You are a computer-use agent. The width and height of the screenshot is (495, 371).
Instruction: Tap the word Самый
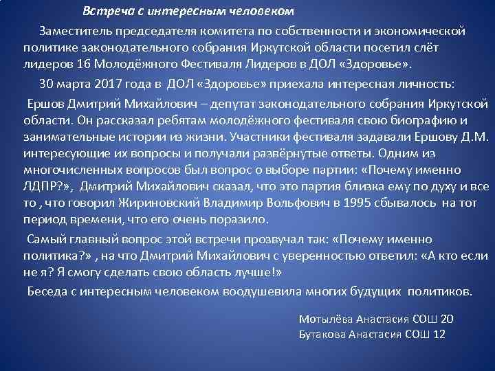click(44, 238)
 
